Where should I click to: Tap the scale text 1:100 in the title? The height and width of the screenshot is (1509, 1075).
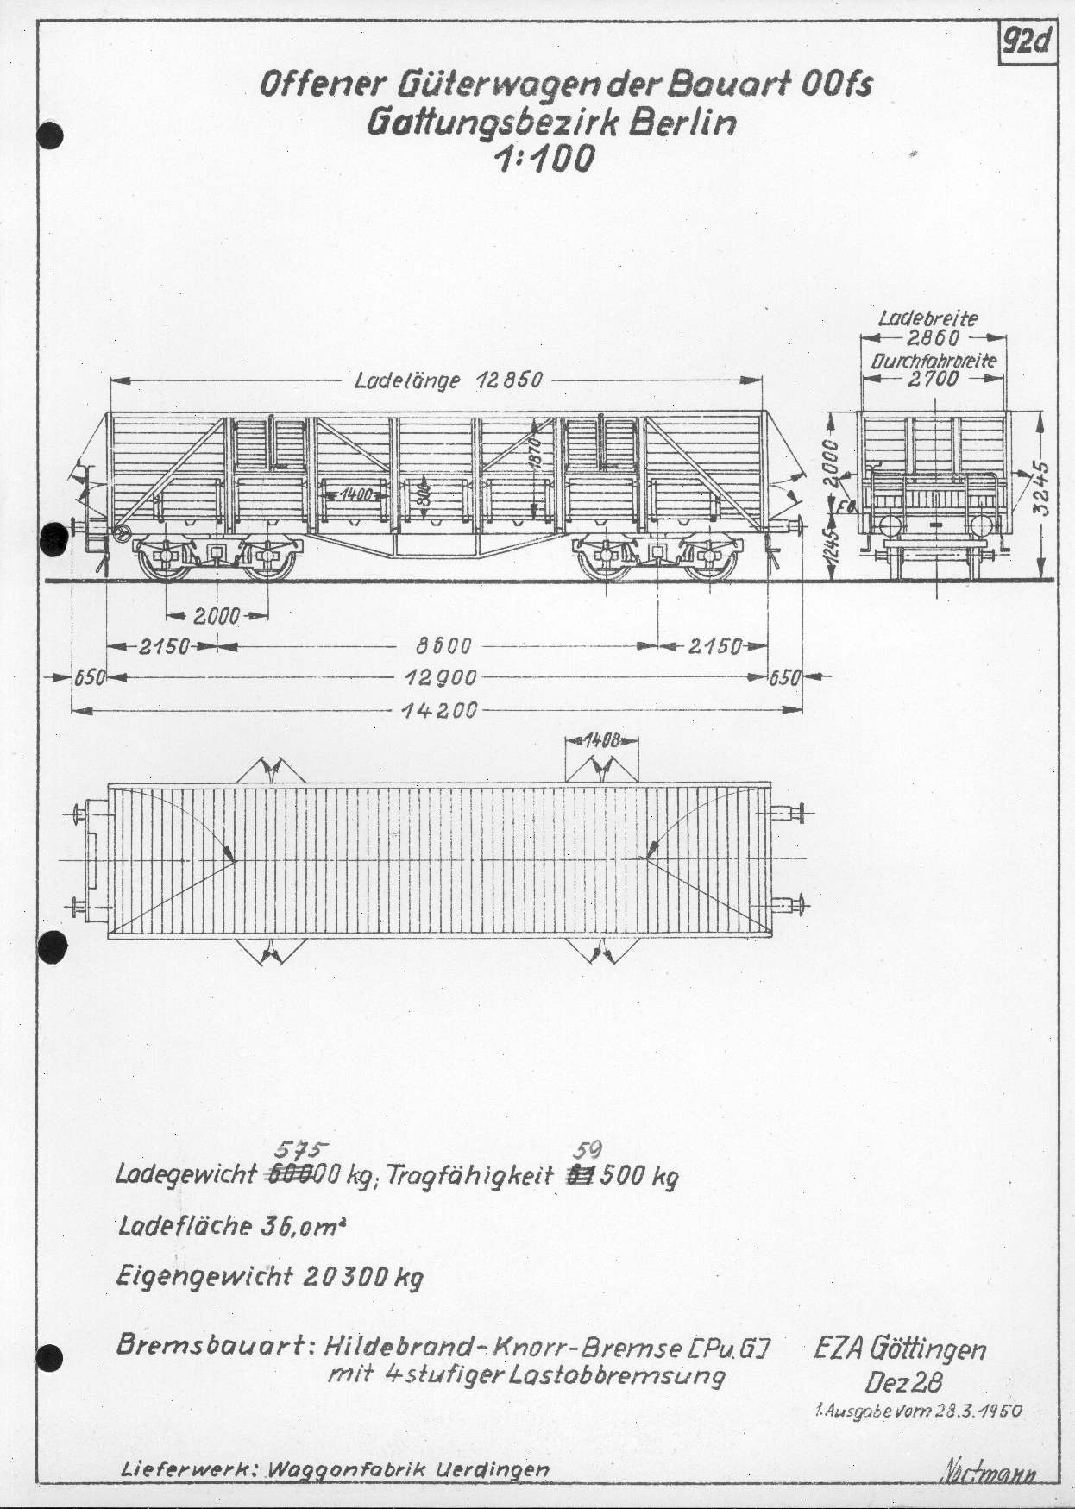[x=544, y=159]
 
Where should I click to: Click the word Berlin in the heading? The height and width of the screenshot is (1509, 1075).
[x=682, y=122]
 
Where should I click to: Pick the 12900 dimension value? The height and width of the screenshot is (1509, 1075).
[x=441, y=678]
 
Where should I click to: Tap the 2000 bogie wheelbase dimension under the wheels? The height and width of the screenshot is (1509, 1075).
[x=217, y=616]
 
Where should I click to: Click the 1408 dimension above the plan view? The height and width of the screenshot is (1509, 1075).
[x=602, y=740]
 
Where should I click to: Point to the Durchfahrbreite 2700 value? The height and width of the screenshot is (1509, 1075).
[x=933, y=378]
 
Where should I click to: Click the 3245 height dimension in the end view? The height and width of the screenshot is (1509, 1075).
[x=1042, y=488]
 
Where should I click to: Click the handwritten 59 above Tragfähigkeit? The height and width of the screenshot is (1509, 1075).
[x=588, y=1150]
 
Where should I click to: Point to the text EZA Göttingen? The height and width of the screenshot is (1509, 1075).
[x=900, y=1350]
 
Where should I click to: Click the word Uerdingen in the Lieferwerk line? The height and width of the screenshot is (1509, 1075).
[x=493, y=1469]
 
